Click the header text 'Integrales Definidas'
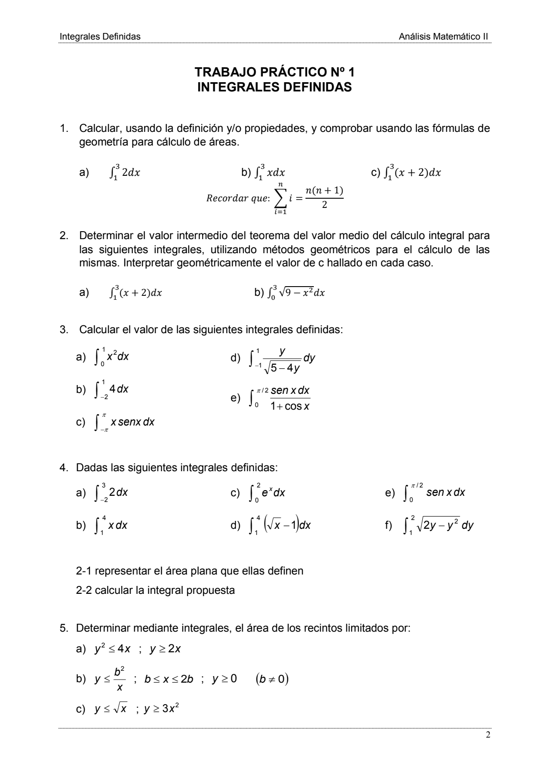click(x=100, y=36)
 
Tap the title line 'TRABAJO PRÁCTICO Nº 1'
click(x=275, y=72)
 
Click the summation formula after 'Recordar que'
click(x=308, y=199)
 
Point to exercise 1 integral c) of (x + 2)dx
click(x=411, y=172)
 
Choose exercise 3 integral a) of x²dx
click(x=112, y=356)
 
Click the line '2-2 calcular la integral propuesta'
click(x=155, y=590)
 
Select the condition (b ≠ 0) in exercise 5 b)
click(x=272, y=679)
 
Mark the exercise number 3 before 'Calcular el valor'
click(x=63, y=329)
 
